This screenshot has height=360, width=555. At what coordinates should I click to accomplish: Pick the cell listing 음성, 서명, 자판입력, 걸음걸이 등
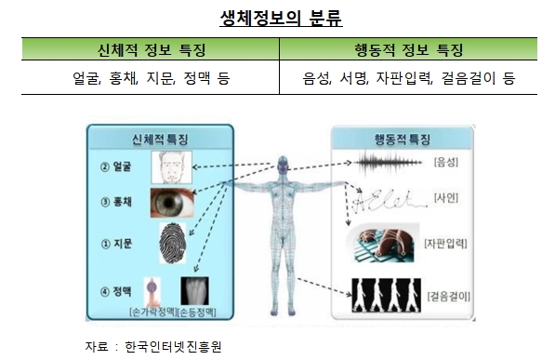pos(408,79)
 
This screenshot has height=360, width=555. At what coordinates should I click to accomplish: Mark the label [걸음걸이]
pos(448,296)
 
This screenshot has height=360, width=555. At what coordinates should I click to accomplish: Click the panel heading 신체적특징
pos(148,140)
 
